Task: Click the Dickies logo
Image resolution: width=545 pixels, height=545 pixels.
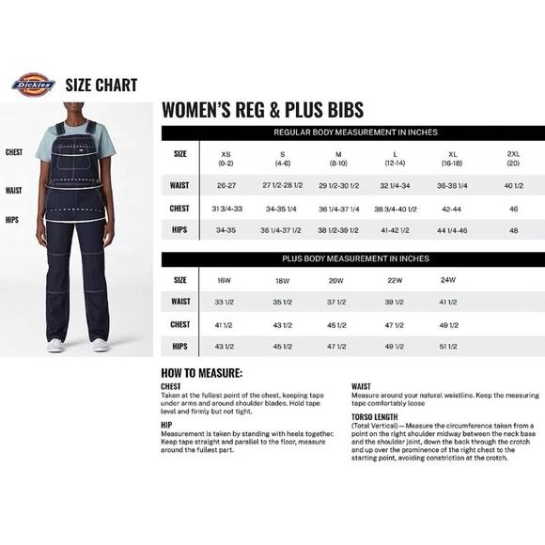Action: coord(33,85)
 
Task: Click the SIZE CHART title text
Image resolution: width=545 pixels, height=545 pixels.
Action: coord(101,86)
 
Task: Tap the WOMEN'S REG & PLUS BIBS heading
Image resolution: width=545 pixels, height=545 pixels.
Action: coord(263,109)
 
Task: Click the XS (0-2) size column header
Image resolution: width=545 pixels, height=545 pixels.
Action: coord(226,158)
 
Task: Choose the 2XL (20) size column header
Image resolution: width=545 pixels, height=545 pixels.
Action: coord(513,158)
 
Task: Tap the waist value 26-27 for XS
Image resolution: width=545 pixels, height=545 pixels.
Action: coord(226,185)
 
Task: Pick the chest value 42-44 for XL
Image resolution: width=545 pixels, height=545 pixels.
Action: coord(452,208)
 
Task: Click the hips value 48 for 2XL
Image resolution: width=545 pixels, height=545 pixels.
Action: coord(513,230)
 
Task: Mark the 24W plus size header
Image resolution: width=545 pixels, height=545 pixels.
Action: coord(449,280)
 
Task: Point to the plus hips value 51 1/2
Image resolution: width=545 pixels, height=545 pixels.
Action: coord(449,347)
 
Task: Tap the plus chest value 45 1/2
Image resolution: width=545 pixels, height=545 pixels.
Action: coord(336,324)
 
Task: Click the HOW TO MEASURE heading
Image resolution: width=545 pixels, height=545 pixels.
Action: coord(202,373)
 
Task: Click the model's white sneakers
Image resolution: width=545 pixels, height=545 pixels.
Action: coord(78,345)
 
